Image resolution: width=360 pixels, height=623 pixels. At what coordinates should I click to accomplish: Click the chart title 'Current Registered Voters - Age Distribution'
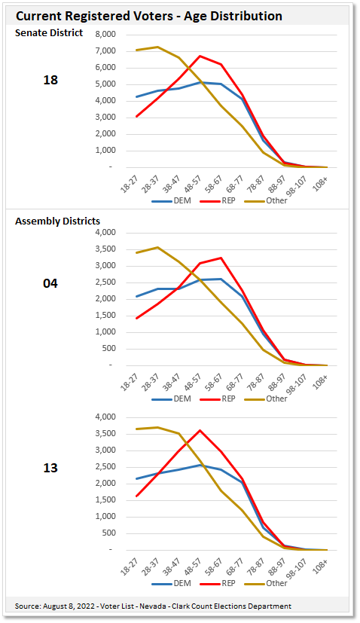pos(149,15)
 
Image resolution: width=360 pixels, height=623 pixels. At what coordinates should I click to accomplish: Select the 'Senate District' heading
pos(49,32)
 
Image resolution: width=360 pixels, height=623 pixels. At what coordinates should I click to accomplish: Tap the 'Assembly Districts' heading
pos(58,221)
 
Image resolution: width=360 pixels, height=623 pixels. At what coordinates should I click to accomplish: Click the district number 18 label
pos(50,80)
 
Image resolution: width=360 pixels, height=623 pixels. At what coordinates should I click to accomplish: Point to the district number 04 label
pos(50,283)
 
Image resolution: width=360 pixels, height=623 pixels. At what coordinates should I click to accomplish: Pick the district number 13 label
pos(50,468)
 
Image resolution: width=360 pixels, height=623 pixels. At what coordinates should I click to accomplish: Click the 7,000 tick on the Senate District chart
pos(105,51)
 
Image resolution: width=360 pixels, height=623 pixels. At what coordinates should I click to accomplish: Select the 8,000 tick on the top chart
pos(105,35)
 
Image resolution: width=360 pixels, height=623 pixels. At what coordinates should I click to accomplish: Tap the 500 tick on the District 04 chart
pos(108,348)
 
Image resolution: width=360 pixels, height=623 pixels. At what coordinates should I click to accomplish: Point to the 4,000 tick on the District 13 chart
pos(105,417)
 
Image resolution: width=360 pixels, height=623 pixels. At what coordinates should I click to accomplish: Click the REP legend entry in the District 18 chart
pos(225,201)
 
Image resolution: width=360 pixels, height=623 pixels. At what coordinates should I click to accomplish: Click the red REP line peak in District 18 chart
pos(200,56)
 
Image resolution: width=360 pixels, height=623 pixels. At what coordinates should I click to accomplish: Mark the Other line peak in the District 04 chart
pos(157,247)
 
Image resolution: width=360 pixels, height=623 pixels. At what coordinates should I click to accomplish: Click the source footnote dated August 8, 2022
pos(153,606)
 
